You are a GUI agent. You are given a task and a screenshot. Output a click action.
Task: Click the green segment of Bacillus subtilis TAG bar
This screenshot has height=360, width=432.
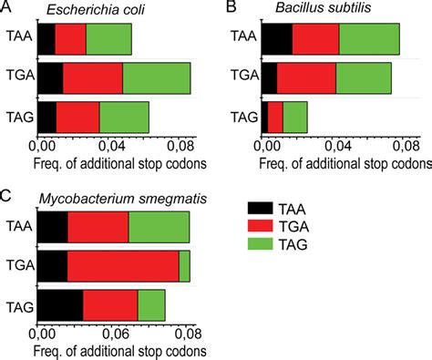(x=294, y=118)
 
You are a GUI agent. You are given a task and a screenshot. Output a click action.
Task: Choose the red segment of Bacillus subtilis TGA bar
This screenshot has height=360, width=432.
(x=306, y=79)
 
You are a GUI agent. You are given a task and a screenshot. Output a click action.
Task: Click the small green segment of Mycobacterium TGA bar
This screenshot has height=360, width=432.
(x=184, y=266)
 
